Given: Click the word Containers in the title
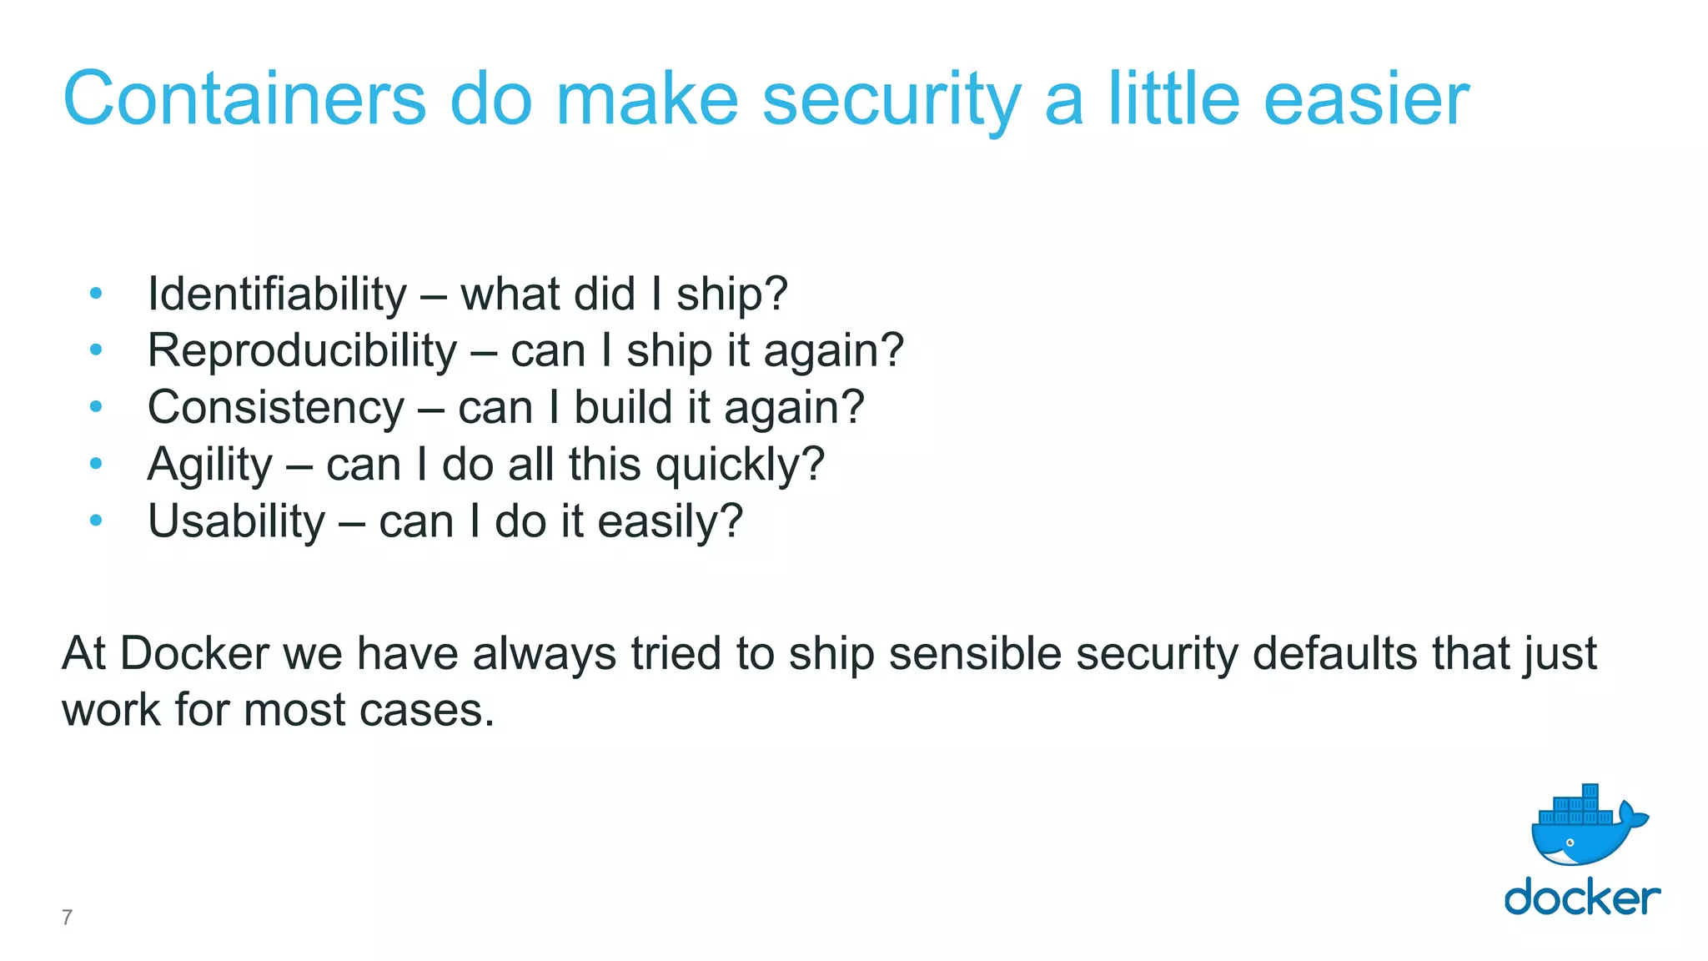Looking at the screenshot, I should coord(244,99).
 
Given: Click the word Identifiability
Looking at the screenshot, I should coord(277,294).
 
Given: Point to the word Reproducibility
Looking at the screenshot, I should coord(302,350).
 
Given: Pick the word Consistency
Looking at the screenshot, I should coord(276,408).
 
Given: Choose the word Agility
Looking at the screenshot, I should coord(209,465).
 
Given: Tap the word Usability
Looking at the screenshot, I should coord(236,521).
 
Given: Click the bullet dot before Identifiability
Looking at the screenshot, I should coord(96,294).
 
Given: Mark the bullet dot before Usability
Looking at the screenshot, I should coord(96,521).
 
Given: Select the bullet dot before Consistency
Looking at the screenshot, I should coord(96,407).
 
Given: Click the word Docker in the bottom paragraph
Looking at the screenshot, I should coord(194,653).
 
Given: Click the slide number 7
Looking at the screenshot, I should coord(67,917).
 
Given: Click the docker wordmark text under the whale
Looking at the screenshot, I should coord(1582,898).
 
